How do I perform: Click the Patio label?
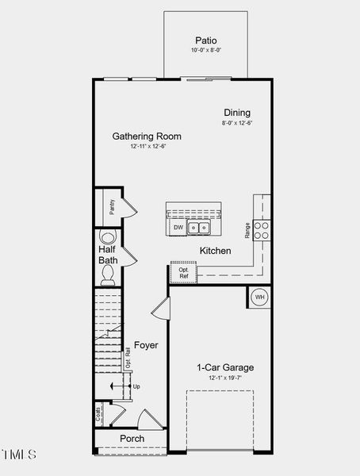point(205,40)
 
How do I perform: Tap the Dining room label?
point(236,113)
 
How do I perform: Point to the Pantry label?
point(112,207)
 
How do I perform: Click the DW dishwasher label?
point(178,228)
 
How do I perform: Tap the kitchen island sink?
point(199,228)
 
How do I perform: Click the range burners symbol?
point(262,229)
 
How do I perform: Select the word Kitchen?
point(215,251)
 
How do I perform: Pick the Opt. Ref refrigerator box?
point(183,272)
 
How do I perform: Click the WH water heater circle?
point(260,297)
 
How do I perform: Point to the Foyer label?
point(146,345)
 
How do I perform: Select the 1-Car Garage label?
point(225,367)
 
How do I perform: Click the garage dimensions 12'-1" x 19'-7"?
point(225,378)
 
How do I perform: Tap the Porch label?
point(132,439)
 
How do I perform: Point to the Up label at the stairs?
point(136,386)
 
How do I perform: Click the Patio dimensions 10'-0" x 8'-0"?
point(205,51)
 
